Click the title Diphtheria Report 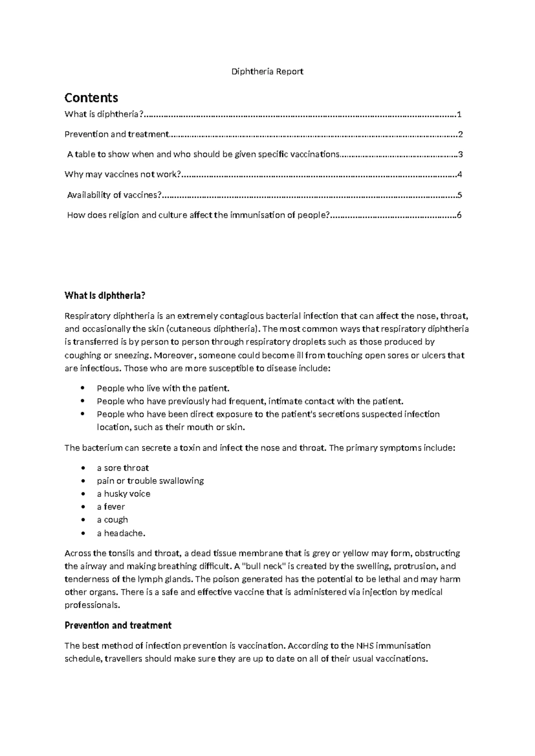[x=267, y=71]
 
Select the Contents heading [x=91, y=98]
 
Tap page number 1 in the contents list [x=459, y=115]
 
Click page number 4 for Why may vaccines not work [x=459, y=174]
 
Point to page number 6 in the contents [x=459, y=215]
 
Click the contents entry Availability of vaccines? [x=114, y=195]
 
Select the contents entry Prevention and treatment [x=117, y=134]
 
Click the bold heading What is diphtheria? [x=105, y=296]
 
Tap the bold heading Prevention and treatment [x=118, y=625]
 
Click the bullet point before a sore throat [x=83, y=468]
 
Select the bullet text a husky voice [x=123, y=494]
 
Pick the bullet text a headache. [x=121, y=533]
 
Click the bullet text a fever [x=111, y=507]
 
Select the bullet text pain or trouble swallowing [x=150, y=481]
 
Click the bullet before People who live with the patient [x=83, y=388]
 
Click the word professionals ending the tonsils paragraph [x=92, y=605]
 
